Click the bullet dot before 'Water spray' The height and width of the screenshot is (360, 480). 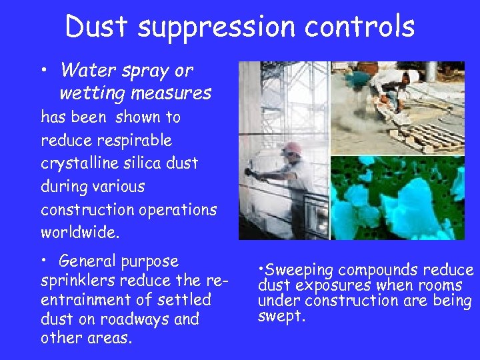pos(45,70)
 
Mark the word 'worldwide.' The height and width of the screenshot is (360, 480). pos(79,232)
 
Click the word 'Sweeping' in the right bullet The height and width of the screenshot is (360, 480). pos(299,270)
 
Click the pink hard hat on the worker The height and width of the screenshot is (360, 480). pos(291,148)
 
